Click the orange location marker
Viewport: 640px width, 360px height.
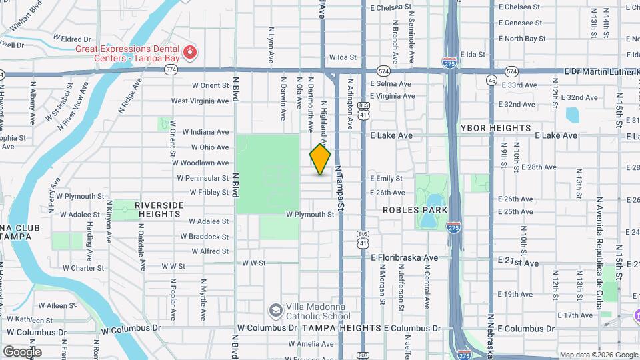pyautogui.click(x=320, y=159)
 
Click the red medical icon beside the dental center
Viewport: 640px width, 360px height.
pyautogui.click(x=190, y=53)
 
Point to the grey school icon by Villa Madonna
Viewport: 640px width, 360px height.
pyautogui.click(x=275, y=311)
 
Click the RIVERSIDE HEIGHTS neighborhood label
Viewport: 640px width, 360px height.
pyautogui.click(x=158, y=209)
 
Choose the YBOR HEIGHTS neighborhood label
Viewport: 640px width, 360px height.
pyautogui.click(x=495, y=127)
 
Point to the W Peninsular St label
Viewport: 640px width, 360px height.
pyautogui.click(x=203, y=178)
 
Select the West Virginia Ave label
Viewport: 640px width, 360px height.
pyautogui.click(x=200, y=101)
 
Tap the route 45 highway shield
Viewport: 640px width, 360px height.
pyautogui.click(x=491, y=81)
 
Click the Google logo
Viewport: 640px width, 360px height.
pyautogui.click(x=22, y=352)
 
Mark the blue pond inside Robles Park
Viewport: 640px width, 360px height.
pyautogui.click(x=431, y=203)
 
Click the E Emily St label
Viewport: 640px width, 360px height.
pyautogui.click(x=387, y=178)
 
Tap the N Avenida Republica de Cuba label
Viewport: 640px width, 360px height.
pyautogui.click(x=599, y=247)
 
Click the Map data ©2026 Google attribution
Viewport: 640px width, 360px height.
pyautogui.click(x=598, y=355)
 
